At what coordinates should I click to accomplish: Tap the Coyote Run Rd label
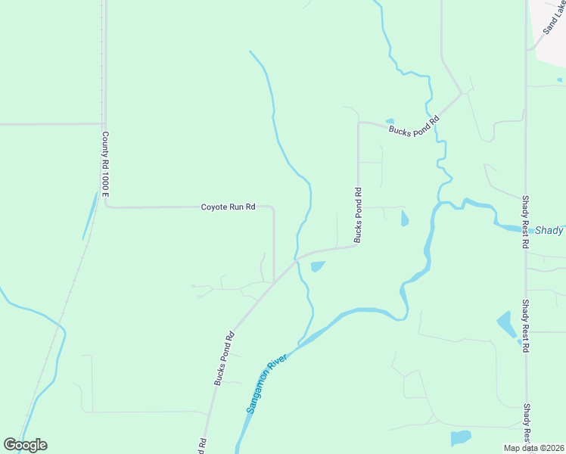(228, 207)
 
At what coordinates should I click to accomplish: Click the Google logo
(25, 445)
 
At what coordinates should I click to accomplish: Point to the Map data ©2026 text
(533, 448)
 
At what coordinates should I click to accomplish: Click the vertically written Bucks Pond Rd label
(358, 216)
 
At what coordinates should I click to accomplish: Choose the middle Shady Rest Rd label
(525, 325)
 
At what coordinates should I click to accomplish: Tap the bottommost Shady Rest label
(527, 424)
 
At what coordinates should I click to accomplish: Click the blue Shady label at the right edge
(549, 231)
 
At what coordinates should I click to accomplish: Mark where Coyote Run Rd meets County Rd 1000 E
(107, 206)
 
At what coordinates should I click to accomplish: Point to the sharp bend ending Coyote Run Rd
(273, 209)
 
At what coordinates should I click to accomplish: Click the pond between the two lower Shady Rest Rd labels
(506, 325)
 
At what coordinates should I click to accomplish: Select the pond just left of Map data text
(460, 438)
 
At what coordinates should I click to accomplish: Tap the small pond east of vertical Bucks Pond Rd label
(404, 219)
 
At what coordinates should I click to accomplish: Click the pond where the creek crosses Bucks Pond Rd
(317, 266)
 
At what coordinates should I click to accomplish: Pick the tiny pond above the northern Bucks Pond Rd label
(390, 121)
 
